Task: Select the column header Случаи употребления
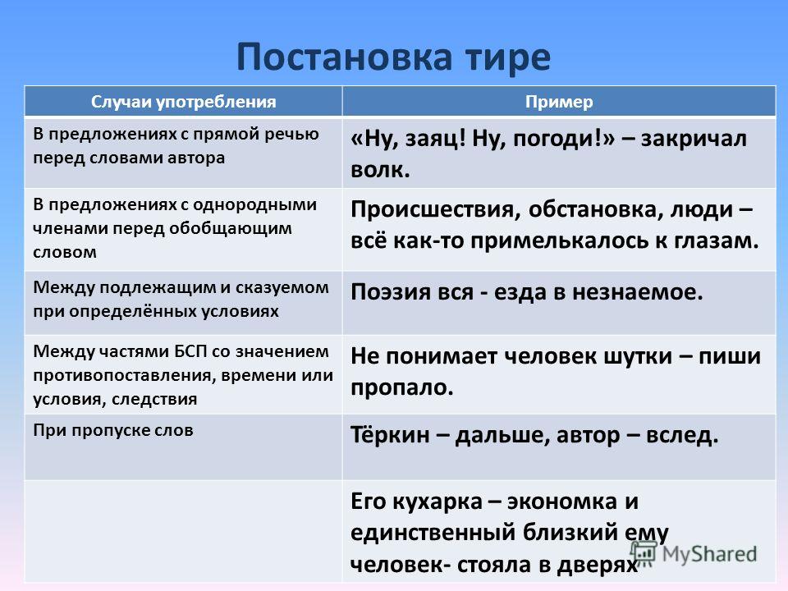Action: tap(183, 102)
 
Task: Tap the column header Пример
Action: tap(559, 102)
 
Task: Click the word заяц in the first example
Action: tap(436, 140)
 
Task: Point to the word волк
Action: tap(380, 170)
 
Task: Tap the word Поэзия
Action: tap(386, 292)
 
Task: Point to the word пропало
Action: tap(402, 388)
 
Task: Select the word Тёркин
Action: tap(390, 435)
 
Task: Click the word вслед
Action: tap(682, 435)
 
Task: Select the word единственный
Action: tap(433, 533)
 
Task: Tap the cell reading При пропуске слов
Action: tap(113, 431)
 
